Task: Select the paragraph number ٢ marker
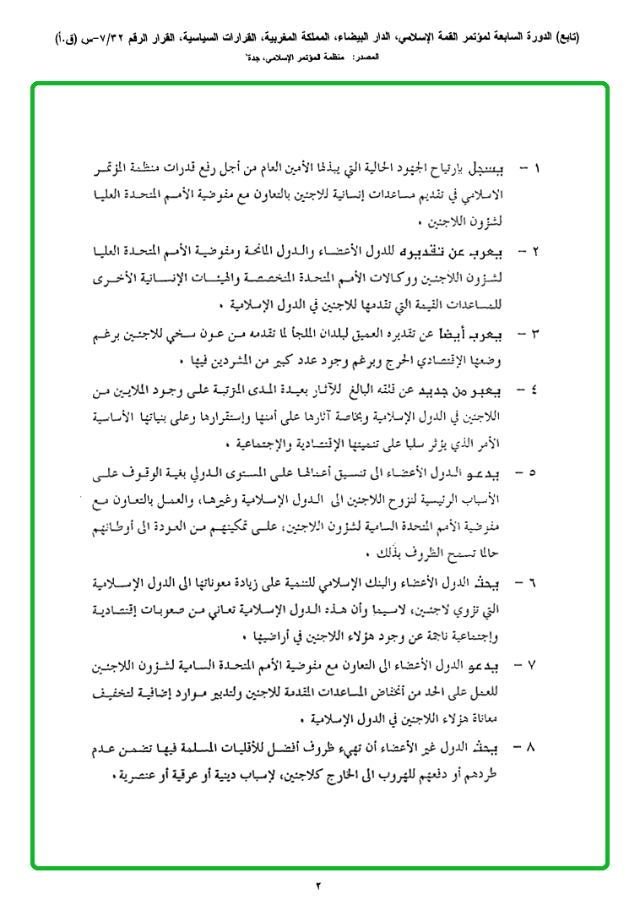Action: (x=539, y=252)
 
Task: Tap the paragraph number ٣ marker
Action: (x=539, y=335)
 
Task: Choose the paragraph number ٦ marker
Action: (x=539, y=582)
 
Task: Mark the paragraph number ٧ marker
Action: (x=539, y=665)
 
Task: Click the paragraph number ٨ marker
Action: (x=539, y=748)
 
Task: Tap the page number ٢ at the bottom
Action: (x=319, y=886)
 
